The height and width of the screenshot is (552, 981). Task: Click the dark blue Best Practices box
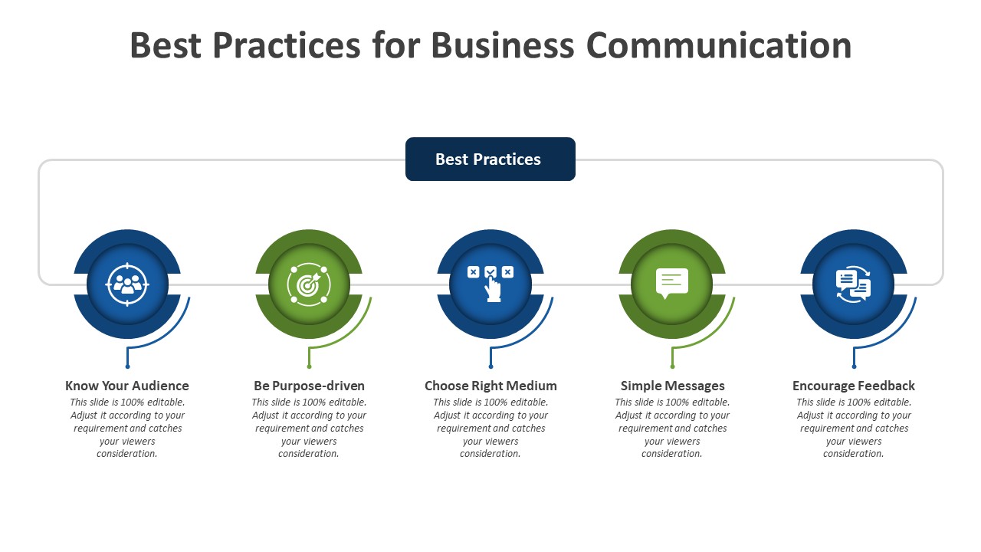pos(490,159)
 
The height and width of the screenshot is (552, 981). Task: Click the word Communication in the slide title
pos(719,45)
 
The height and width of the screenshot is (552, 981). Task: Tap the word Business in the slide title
pos(502,45)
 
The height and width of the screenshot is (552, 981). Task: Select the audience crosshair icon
pos(127,284)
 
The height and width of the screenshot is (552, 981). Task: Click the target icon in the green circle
pos(308,284)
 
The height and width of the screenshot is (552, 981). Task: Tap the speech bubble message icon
pos(672,283)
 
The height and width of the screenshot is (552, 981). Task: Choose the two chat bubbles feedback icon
pos(853,284)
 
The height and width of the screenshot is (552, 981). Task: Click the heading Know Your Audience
pos(127,386)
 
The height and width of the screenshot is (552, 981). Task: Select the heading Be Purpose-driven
pos(309,386)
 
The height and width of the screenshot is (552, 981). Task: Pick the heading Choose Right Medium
pos(490,386)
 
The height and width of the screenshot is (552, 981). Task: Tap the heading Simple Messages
pos(672,386)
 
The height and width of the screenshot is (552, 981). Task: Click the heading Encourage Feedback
pos(854,386)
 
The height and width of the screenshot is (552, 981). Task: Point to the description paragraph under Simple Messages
pos(672,428)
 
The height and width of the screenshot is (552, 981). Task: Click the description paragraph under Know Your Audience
pos(127,428)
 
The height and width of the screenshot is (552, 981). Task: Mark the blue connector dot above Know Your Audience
pos(127,367)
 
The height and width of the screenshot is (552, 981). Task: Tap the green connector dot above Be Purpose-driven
pos(309,367)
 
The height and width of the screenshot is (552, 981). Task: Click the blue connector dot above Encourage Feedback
pos(854,367)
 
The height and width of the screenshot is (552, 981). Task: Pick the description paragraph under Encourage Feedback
pos(854,428)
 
